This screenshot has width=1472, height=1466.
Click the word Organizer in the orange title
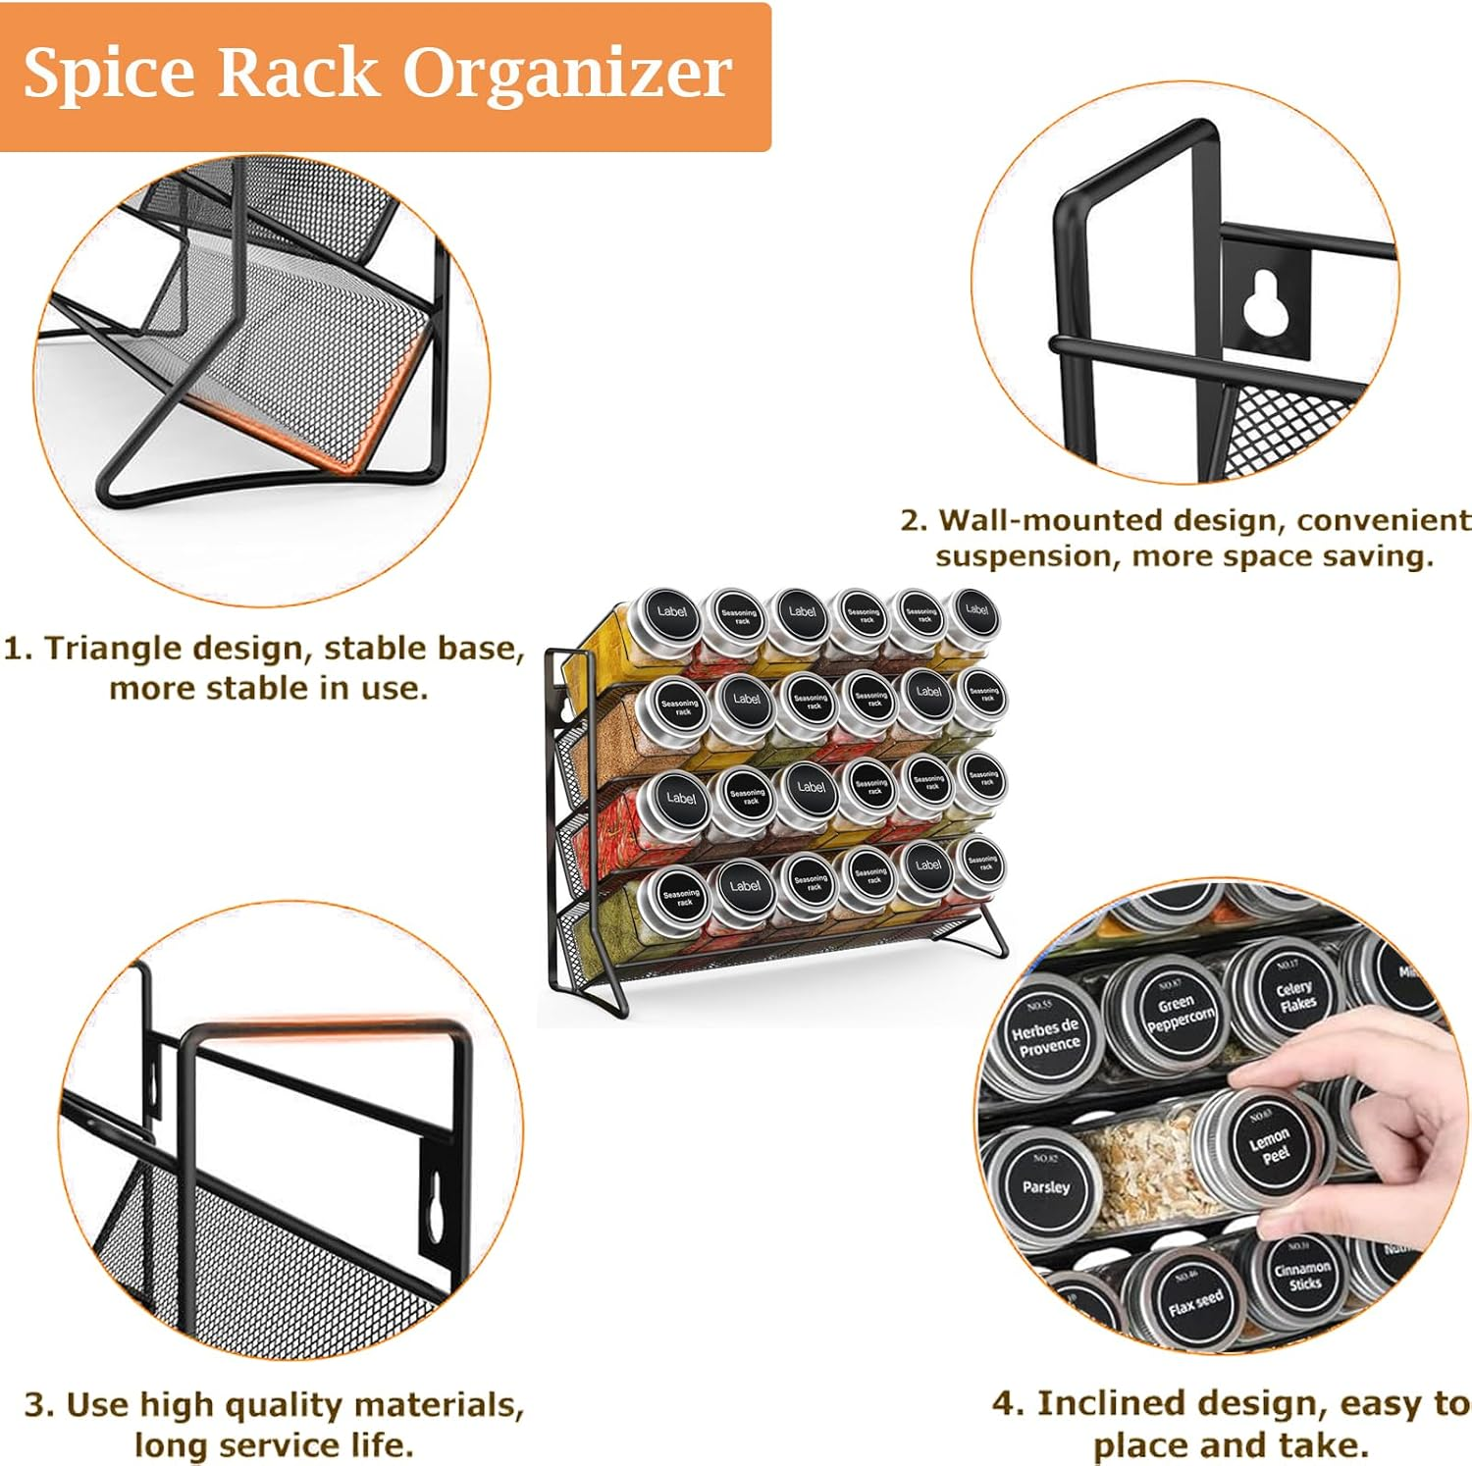coord(567,74)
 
